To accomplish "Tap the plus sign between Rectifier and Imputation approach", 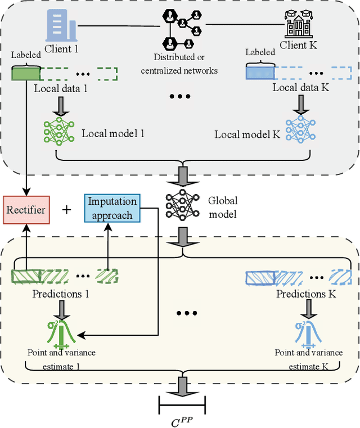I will tap(67, 209).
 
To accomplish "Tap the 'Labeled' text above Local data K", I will tap(259, 52).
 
